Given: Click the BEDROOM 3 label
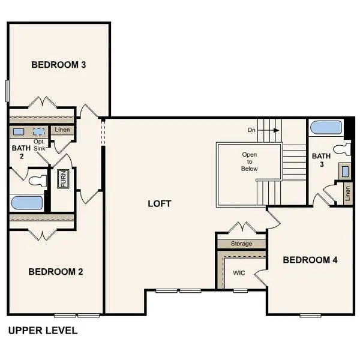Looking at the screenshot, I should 58,65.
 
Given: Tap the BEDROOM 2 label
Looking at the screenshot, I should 56,272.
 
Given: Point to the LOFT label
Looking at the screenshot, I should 160,203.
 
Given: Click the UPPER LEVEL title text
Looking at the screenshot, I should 42,331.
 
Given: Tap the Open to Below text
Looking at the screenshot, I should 250,161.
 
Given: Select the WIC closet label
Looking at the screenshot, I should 239,272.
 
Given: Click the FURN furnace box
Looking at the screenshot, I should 62,179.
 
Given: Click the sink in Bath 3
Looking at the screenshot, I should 344,170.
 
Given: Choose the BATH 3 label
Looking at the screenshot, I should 321,161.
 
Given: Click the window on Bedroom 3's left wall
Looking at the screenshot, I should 7,90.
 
